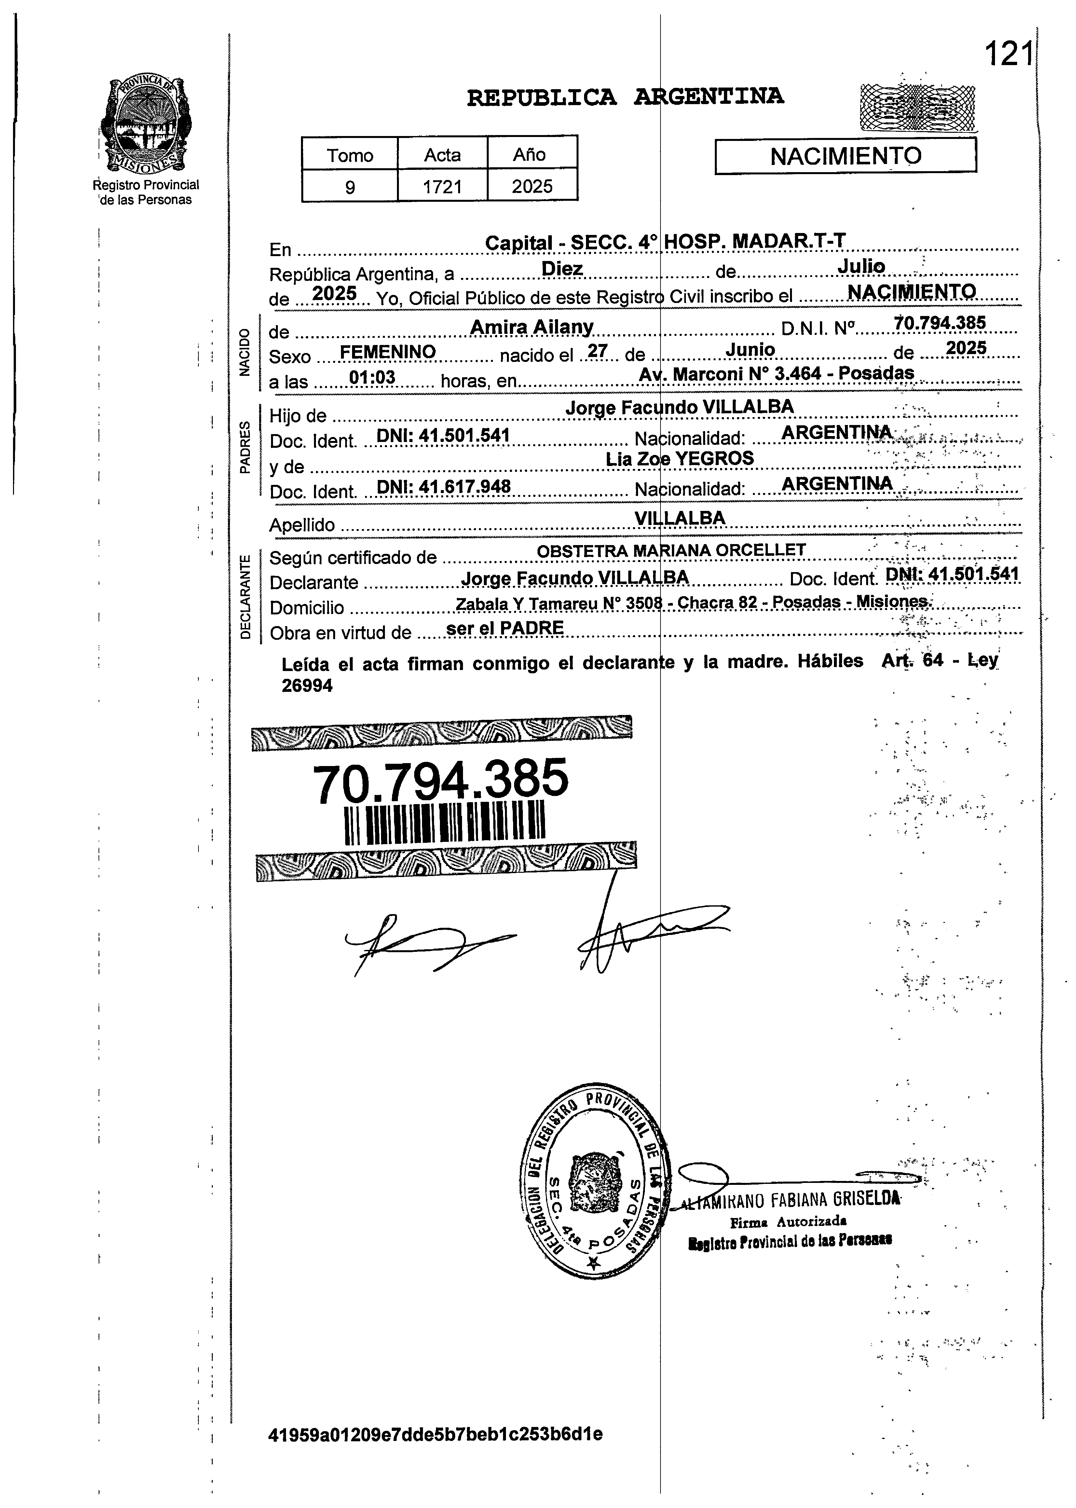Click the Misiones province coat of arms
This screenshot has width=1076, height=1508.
pos(144,124)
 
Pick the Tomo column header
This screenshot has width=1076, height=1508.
pos(350,155)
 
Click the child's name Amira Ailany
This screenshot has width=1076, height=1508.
pos(531,327)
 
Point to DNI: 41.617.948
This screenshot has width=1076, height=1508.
pos(443,487)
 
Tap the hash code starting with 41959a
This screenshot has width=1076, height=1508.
pos(435,1434)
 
